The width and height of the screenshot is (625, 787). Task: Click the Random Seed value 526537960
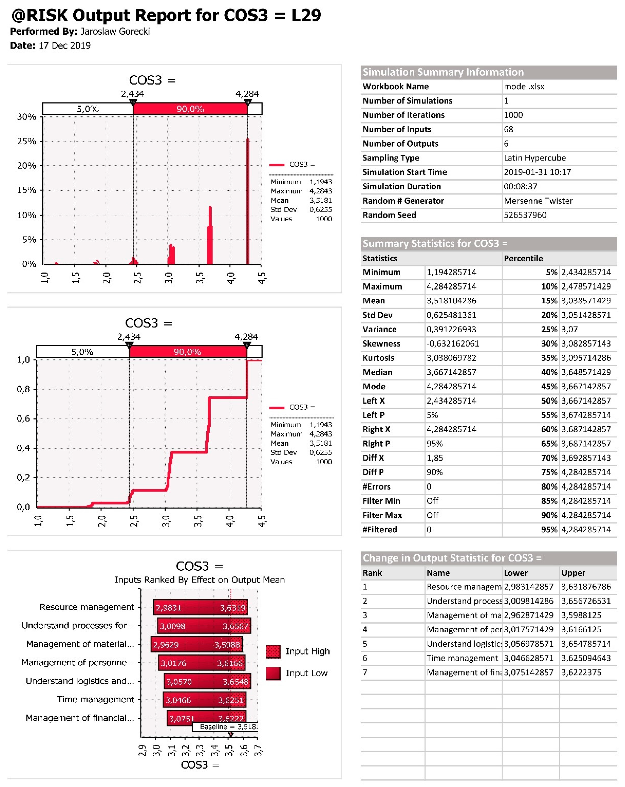click(525, 215)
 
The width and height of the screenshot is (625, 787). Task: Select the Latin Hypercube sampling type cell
click(534, 158)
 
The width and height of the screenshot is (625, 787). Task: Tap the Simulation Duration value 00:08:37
click(520, 186)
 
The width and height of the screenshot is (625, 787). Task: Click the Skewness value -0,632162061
click(453, 344)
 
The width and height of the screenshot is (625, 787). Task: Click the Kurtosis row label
click(378, 358)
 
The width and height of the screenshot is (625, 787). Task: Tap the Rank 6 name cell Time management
click(462, 658)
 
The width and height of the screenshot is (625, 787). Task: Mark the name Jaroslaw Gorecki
click(115, 31)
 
